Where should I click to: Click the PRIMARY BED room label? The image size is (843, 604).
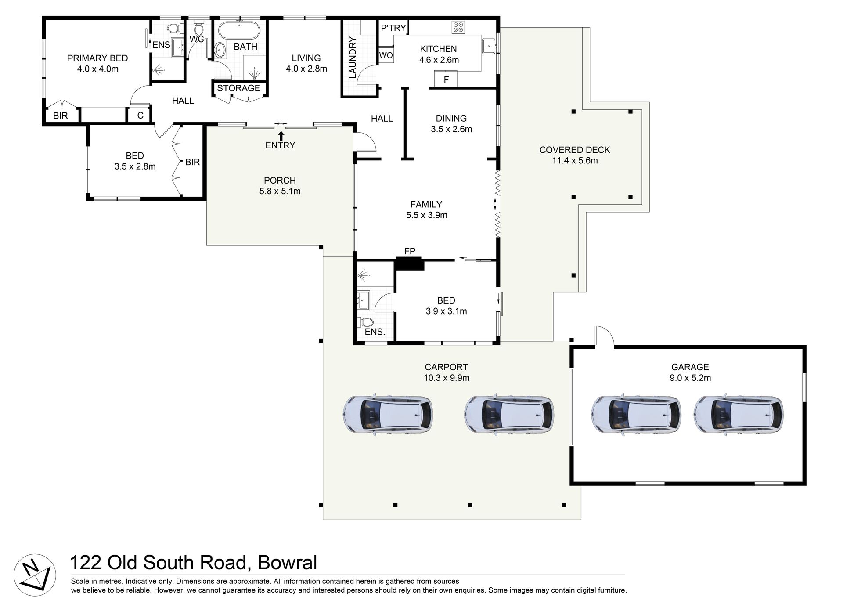[97, 58]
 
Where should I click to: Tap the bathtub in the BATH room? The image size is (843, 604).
[239, 30]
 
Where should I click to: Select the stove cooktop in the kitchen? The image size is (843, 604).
[458, 27]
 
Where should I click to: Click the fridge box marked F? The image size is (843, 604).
[446, 80]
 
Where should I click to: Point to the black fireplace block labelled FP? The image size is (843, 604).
[410, 264]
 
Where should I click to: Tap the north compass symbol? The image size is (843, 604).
[35, 575]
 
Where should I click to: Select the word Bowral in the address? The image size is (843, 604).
[287, 563]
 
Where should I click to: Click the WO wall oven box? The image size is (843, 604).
[386, 55]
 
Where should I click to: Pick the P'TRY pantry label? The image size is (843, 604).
[393, 28]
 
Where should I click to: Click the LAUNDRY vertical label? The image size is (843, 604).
[353, 58]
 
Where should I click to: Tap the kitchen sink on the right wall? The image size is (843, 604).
[489, 45]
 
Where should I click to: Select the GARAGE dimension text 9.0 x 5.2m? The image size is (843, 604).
[690, 378]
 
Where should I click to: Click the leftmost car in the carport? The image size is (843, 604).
[388, 414]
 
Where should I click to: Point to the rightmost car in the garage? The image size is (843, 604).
[738, 414]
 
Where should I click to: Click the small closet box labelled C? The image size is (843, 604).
[140, 116]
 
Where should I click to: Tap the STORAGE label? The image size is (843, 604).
[238, 88]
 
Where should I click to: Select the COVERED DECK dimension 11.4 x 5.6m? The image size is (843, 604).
[575, 161]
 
